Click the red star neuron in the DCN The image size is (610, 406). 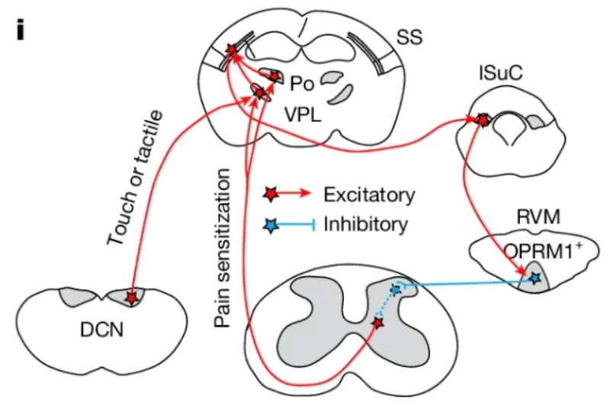(133, 297)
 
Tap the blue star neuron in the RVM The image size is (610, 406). (535, 279)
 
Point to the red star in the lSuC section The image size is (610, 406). (481, 119)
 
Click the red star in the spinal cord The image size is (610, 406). (377, 324)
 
